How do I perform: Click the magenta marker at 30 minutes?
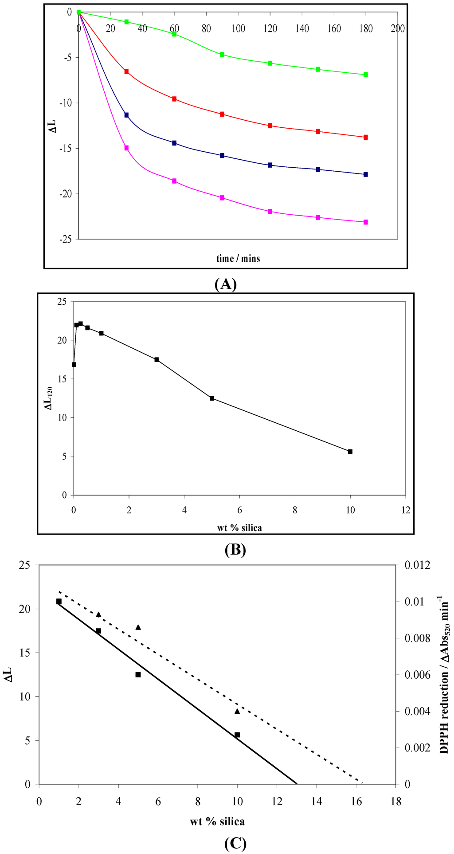click(x=126, y=148)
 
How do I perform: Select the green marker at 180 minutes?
click(x=366, y=75)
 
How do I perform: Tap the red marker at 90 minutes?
click(x=222, y=114)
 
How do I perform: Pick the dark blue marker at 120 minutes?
click(x=270, y=165)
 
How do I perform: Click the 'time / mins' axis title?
click(x=238, y=258)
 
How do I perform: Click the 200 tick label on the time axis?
click(x=398, y=29)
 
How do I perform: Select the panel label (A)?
click(x=225, y=284)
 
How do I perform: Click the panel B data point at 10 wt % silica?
click(x=350, y=452)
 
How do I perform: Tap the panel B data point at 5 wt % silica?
click(x=212, y=398)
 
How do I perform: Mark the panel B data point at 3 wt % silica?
click(x=157, y=360)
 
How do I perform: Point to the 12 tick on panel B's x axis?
click(x=405, y=510)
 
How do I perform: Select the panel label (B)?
click(x=235, y=550)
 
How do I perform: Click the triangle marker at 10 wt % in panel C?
click(x=237, y=711)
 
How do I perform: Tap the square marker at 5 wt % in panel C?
click(x=138, y=675)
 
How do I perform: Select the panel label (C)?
click(x=235, y=843)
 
